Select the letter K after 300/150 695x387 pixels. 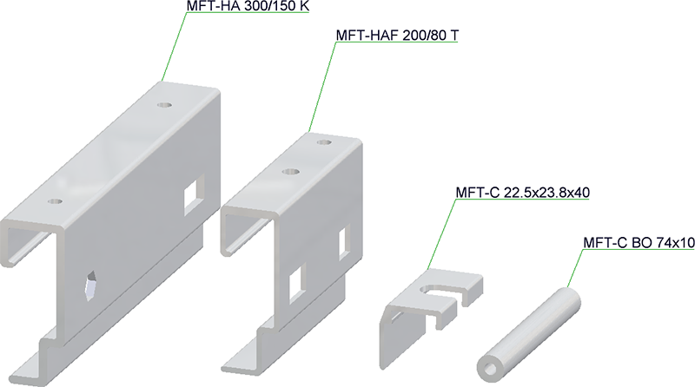pyautogui.click(x=305, y=6)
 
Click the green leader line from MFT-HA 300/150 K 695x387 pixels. pyautogui.click(x=175, y=47)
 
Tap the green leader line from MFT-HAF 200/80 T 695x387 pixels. pyautogui.click(x=321, y=87)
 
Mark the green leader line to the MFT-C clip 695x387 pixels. pyautogui.click(x=441, y=234)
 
